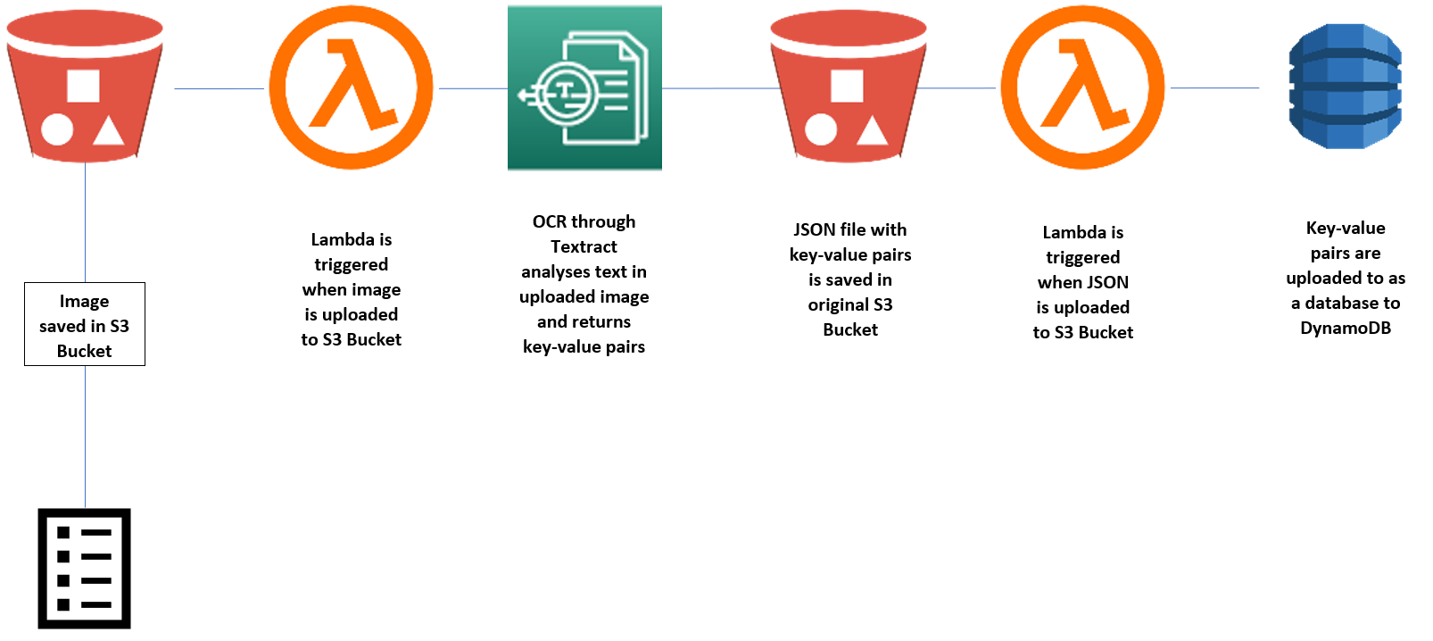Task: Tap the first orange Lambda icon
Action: (351, 87)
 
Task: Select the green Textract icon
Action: (584, 87)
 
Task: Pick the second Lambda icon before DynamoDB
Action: (1082, 87)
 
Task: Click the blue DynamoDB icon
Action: (1345, 87)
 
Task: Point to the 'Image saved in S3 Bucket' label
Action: (84, 325)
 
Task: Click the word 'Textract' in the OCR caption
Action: (584, 246)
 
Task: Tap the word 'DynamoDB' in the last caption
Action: (1345, 328)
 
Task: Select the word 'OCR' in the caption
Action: (548, 221)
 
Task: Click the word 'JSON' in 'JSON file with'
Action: (814, 229)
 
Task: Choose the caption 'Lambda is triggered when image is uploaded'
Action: (351, 288)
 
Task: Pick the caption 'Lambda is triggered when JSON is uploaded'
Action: (1082, 281)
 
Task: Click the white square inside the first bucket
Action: (83, 87)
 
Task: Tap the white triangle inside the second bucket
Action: (872, 132)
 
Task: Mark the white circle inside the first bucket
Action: (57, 130)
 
